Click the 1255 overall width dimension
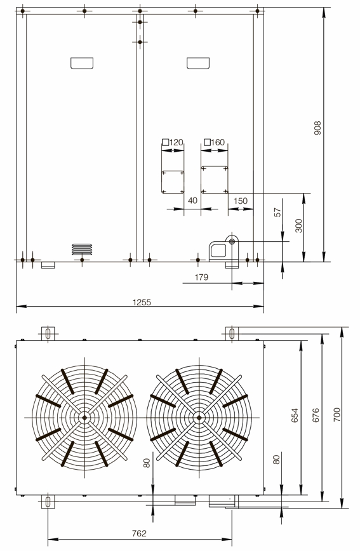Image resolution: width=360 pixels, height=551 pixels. (142, 302)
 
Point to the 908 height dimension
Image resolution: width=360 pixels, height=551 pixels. (317, 128)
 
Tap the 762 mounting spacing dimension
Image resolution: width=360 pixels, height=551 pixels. (139, 533)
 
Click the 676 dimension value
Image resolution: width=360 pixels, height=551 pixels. (316, 415)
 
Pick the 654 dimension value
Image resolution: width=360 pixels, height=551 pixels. (295, 415)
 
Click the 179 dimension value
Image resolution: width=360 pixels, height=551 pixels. (201, 277)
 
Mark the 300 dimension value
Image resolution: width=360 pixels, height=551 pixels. (298, 225)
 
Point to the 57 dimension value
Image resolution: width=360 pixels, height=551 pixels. (277, 213)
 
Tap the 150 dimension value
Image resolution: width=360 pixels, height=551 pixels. (241, 201)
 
